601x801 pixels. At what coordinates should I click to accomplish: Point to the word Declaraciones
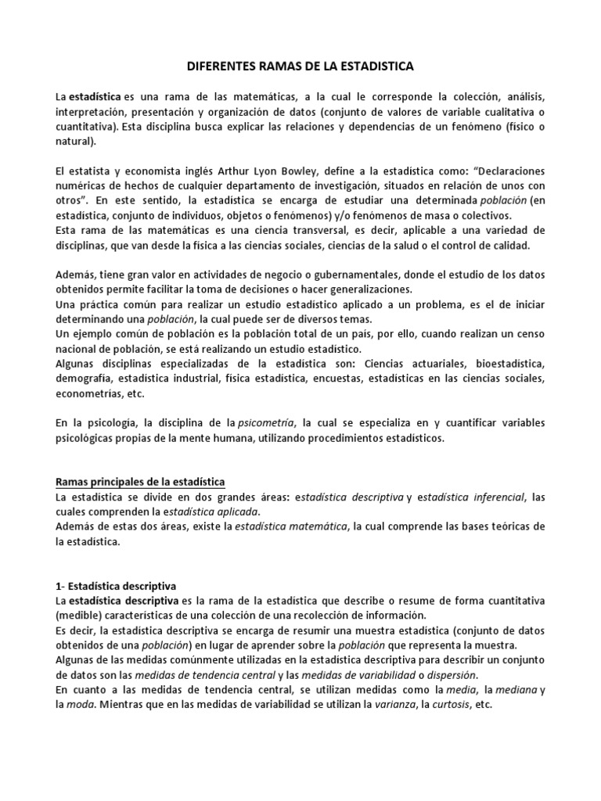click(502, 171)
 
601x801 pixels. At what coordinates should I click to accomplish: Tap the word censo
click(526, 334)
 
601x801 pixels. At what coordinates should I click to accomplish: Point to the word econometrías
click(85, 394)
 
